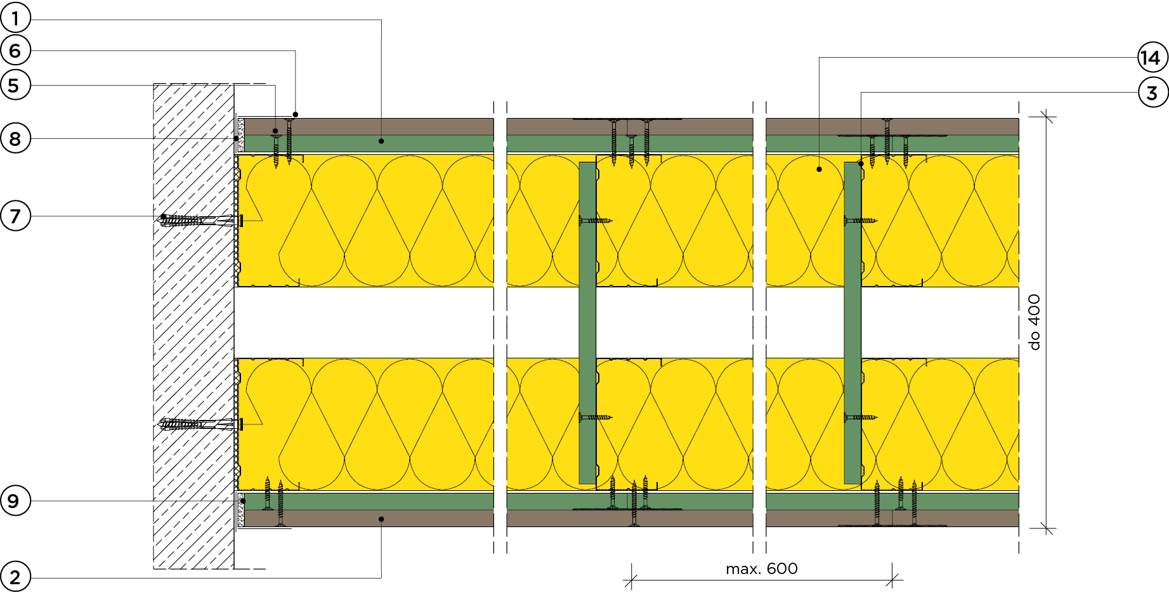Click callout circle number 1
pyautogui.click(x=15, y=18)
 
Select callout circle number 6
pyautogui.click(x=15, y=51)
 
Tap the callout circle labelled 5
pyautogui.click(x=15, y=85)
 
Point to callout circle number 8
pyautogui.click(x=15, y=138)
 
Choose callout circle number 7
pyautogui.click(x=15, y=216)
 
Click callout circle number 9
pyautogui.click(x=15, y=500)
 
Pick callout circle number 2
pyautogui.click(x=15, y=577)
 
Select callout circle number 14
pyautogui.click(x=1153, y=58)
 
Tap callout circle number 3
pyautogui.click(x=1153, y=93)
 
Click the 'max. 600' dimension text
pyautogui.click(x=762, y=569)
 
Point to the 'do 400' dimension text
pyautogui.click(x=1035, y=322)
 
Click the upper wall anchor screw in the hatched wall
pyautogui.click(x=200, y=220)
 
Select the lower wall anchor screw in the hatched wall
pyautogui.click(x=200, y=424)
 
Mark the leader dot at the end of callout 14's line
pyautogui.click(x=820, y=169)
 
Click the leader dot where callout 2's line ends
pyautogui.click(x=381, y=519)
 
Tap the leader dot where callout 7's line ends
pyautogui.click(x=164, y=216)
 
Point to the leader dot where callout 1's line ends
pyautogui.click(x=381, y=141)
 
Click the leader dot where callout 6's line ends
pyautogui.click(x=296, y=115)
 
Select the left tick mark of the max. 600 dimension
pyautogui.click(x=631, y=580)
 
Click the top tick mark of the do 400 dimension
pyautogui.click(x=1047, y=116)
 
